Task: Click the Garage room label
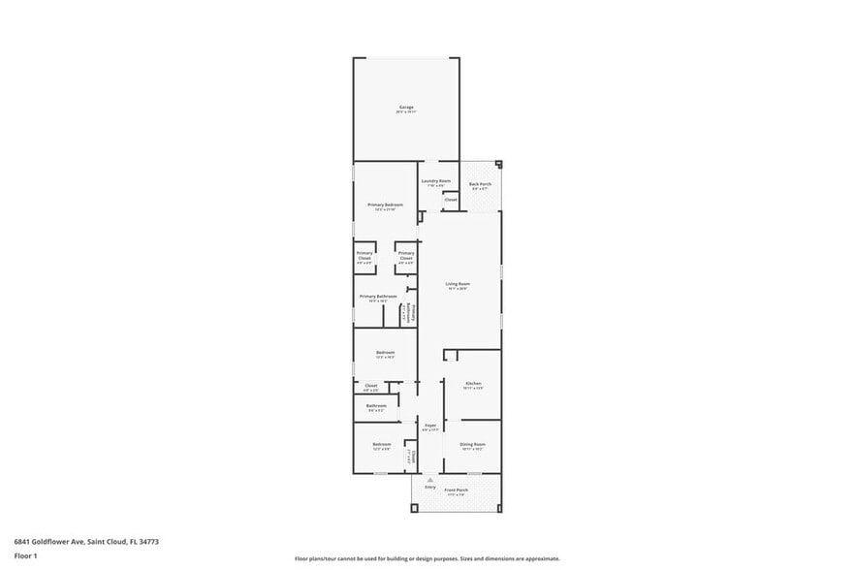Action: pyautogui.click(x=405, y=108)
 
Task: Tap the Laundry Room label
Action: pyautogui.click(x=435, y=181)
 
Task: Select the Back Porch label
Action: pyautogui.click(x=480, y=184)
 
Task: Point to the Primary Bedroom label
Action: pyautogui.click(x=385, y=206)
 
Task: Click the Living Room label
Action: pyautogui.click(x=458, y=284)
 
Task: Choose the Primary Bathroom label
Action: pyautogui.click(x=378, y=297)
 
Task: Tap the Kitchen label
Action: pyautogui.click(x=473, y=384)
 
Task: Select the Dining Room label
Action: pyautogui.click(x=472, y=445)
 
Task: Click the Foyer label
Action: pyautogui.click(x=430, y=426)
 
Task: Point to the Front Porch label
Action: pyautogui.click(x=457, y=491)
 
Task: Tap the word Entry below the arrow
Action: pyautogui.click(x=430, y=487)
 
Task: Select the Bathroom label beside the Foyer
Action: pyautogui.click(x=376, y=406)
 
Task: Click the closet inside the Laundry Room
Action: pyautogui.click(x=451, y=200)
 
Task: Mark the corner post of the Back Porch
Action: pyautogui.click(x=498, y=164)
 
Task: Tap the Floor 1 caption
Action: pyautogui.click(x=25, y=555)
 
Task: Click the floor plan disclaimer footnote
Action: pyautogui.click(x=427, y=559)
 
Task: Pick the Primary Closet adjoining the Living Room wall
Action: pyautogui.click(x=406, y=256)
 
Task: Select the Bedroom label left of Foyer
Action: pyautogui.click(x=381, y=445)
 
